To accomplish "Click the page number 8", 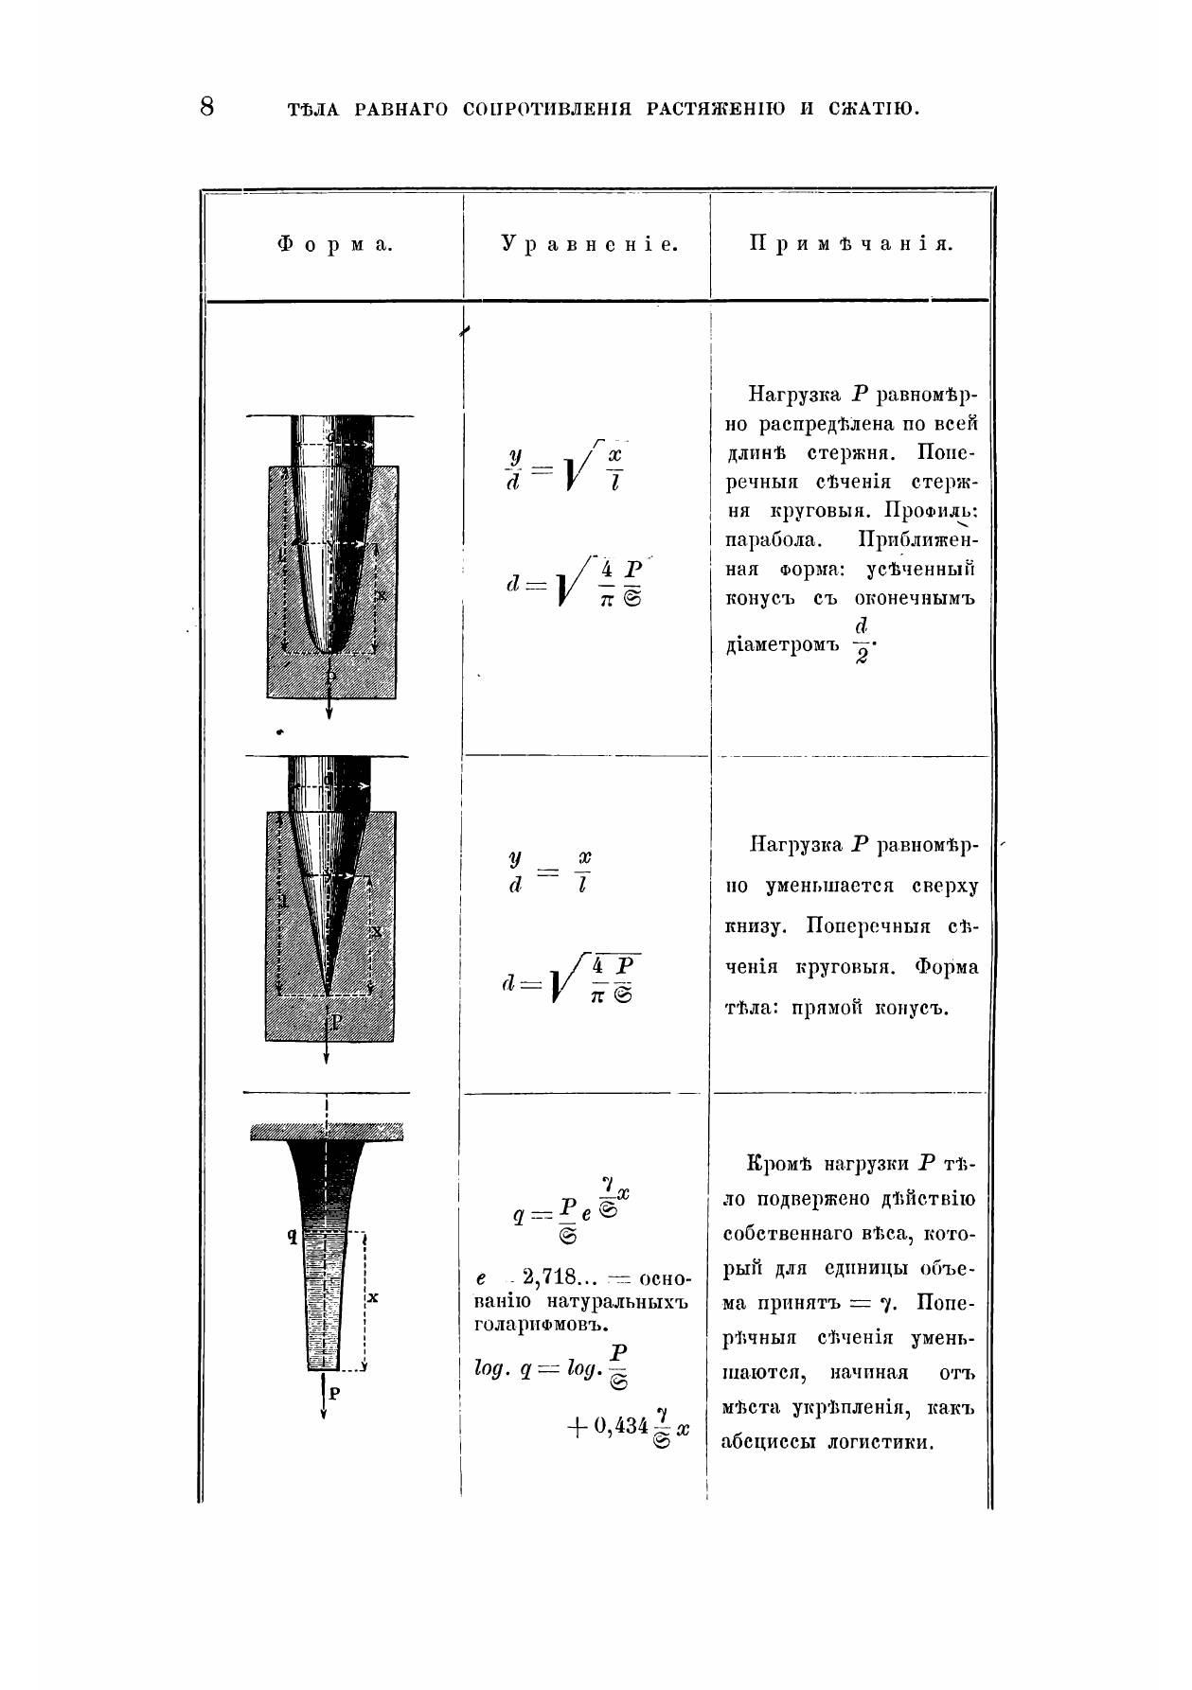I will (207, 106).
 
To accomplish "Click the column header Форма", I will (334, 245).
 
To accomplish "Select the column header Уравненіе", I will (590, 244).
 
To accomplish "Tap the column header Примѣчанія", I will (851, 244).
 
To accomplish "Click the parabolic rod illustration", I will (330, 558).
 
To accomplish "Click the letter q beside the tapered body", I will (294, 1235).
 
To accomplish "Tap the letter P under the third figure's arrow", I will (334, 1393).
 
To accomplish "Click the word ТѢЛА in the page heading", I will (312, 109).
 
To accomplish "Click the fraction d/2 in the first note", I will (861, 641).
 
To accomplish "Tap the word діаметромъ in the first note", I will (782, 646).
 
